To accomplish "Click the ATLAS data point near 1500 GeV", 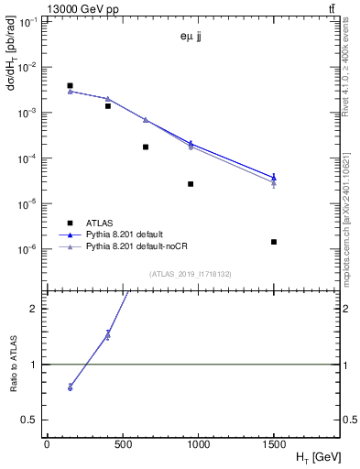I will click(274, 242).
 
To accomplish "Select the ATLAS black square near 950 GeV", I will click(191, 184).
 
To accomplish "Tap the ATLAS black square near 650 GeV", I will click(146, 147).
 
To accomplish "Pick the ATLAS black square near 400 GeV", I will click(108, 106).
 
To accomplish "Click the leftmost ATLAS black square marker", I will click(71, 85).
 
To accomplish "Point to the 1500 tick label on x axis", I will click(274, 444).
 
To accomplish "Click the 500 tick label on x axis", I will click(123, 444).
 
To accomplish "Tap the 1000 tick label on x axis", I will click(198, 444).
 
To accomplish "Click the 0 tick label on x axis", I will click(47, 444).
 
